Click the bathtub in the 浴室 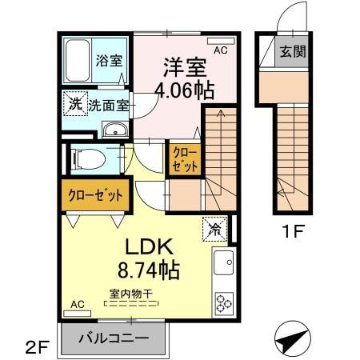point(77,61)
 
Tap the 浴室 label point(109,61)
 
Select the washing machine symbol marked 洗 point(75,104)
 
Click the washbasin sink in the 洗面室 point(115,130)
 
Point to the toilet point(88,159)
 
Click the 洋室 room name point(185,67)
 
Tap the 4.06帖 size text point(185,90)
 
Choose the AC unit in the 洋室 point(221,41)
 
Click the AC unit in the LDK point(78,314)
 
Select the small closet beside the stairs point(185,160)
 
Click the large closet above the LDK point(95,195)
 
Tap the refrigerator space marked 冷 point(215,230)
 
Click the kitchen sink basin point(224,262)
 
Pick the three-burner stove point(224,302)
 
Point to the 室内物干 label point(130,294)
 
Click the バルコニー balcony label point(114,338)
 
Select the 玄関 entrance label point(293,51)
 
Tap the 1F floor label point(294,231)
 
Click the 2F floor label point(37,347)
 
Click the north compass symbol point(293,338)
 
